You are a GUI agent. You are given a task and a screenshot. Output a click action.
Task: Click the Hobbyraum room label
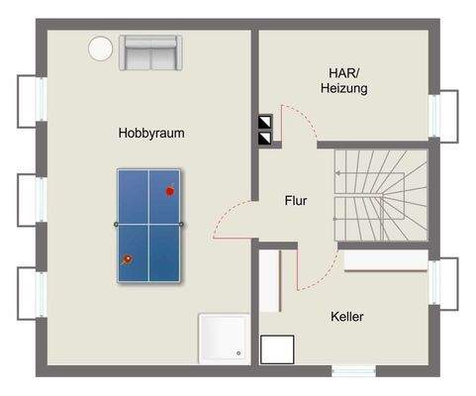[x=151, y=133]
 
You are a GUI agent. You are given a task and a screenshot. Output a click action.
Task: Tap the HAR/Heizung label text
[x=344, y=80]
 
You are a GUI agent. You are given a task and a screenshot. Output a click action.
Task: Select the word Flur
[x=294, y=201]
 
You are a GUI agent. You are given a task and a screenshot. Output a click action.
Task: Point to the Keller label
[x=347, y=317]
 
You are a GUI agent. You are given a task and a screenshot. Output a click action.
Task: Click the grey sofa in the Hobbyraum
[x=147, y=52]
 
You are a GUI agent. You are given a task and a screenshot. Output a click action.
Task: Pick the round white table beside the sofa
[x=100, y=48]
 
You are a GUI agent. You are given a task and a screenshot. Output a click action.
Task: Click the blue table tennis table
[x=151, y=223]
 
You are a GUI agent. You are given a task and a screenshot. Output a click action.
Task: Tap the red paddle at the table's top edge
[x=170, y=189]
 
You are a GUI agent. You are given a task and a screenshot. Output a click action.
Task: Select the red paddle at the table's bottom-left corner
[x=127, y=259]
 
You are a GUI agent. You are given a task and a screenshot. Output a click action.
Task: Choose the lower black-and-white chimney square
[x=264, y=140]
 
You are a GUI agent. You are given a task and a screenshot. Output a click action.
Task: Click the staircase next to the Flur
[x=379, y=195]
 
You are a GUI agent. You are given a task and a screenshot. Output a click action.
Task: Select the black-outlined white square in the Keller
[x=278, y=349]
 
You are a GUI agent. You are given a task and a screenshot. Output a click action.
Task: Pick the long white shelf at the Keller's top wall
[x=386, y=261]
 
